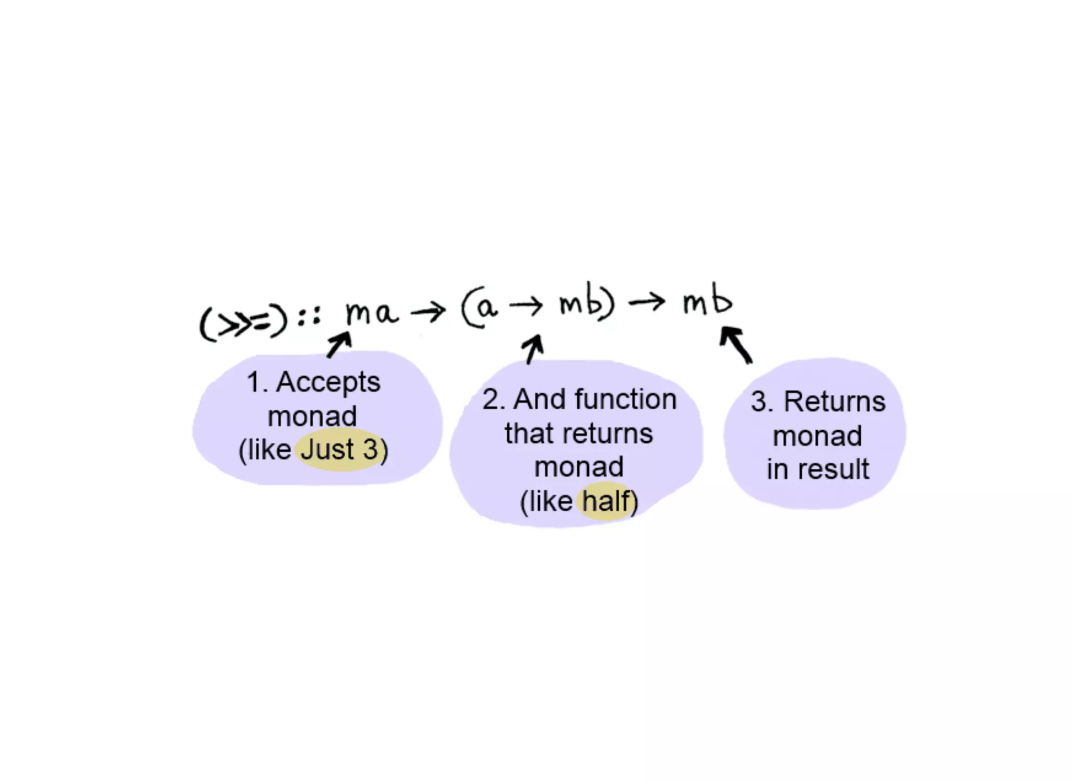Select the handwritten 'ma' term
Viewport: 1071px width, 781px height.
[371, 313]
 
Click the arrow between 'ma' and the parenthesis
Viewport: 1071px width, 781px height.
[428, 312]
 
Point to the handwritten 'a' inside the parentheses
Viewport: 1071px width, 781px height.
[486, 308]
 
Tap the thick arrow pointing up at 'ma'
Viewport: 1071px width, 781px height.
[339, 344]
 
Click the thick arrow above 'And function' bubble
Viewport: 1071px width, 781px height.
[534, 349]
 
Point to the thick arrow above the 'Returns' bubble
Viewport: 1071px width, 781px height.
[736, 344]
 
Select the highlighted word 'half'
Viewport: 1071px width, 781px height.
[606, 501]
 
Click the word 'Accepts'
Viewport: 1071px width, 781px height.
[328, 382]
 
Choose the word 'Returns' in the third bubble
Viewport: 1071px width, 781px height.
[834, 402]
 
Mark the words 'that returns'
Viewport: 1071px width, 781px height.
[578, 433]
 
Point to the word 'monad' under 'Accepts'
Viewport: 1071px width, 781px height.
[312, 416]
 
